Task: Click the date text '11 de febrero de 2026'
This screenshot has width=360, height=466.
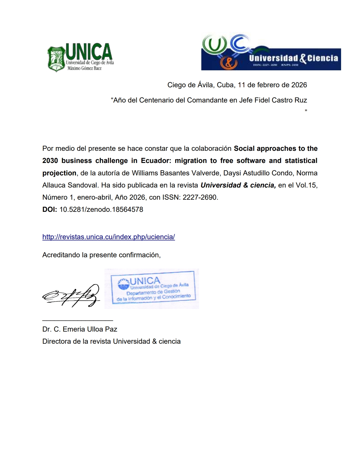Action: pos(272,85)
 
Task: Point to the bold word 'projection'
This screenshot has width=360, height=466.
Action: pos(59,173)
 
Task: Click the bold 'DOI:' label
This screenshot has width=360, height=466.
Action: pos(50,210)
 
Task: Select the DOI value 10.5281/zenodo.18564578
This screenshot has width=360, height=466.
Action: pos(101,210)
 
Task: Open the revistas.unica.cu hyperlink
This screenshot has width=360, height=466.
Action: pos(109,237)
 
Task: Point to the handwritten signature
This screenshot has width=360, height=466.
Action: pos(71,295)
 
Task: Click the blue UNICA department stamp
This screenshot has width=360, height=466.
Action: pos(152,288)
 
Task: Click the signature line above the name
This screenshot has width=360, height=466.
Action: pos(78,320)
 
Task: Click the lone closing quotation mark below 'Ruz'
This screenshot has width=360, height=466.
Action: pos(306,111)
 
